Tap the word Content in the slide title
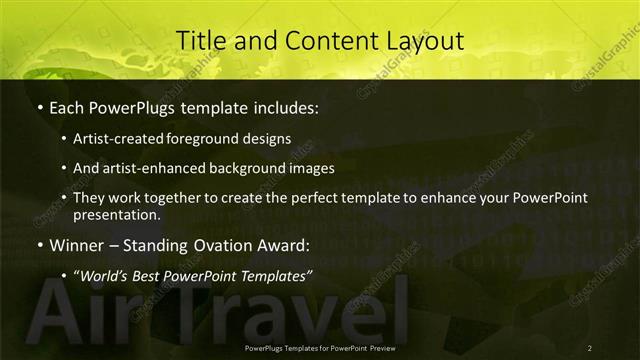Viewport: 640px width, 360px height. click(324, 41)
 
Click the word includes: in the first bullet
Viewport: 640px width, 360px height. click(283, 105)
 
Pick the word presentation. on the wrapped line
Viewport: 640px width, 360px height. click(116, 214)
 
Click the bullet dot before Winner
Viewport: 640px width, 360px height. click(38, 245)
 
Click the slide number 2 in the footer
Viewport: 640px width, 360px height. click(589, 347)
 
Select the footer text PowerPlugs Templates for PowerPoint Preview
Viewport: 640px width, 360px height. click(326, 347)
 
